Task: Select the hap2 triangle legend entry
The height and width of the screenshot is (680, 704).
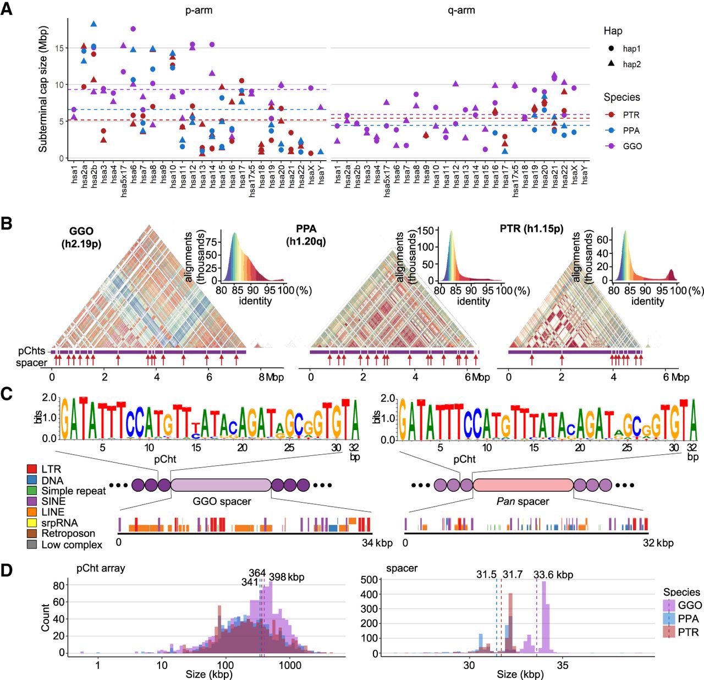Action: pos(611,64)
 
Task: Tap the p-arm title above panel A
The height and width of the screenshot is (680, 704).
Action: pos(199,10)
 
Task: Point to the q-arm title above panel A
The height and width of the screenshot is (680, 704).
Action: pos(461,10)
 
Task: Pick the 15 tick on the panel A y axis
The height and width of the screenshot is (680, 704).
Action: pos(59,48)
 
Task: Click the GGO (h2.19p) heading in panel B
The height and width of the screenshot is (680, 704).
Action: pos(81,237)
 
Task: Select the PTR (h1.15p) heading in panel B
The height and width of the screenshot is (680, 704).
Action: pos(531,229)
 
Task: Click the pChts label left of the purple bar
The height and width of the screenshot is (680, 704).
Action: pos(31,351)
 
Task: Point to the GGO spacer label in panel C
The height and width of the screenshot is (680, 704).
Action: pos(222,502)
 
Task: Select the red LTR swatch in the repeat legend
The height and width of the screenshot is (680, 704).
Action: pos(32,469)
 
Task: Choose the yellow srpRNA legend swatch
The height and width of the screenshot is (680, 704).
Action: pos(32,523)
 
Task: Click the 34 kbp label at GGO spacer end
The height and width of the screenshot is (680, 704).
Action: pos(377,543)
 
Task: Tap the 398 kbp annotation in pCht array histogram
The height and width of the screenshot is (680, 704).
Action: pos(286,576)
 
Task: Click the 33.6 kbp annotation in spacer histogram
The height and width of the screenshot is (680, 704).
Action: pos(553,574)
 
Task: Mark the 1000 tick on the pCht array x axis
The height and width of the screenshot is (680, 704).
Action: pos(290,665)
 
